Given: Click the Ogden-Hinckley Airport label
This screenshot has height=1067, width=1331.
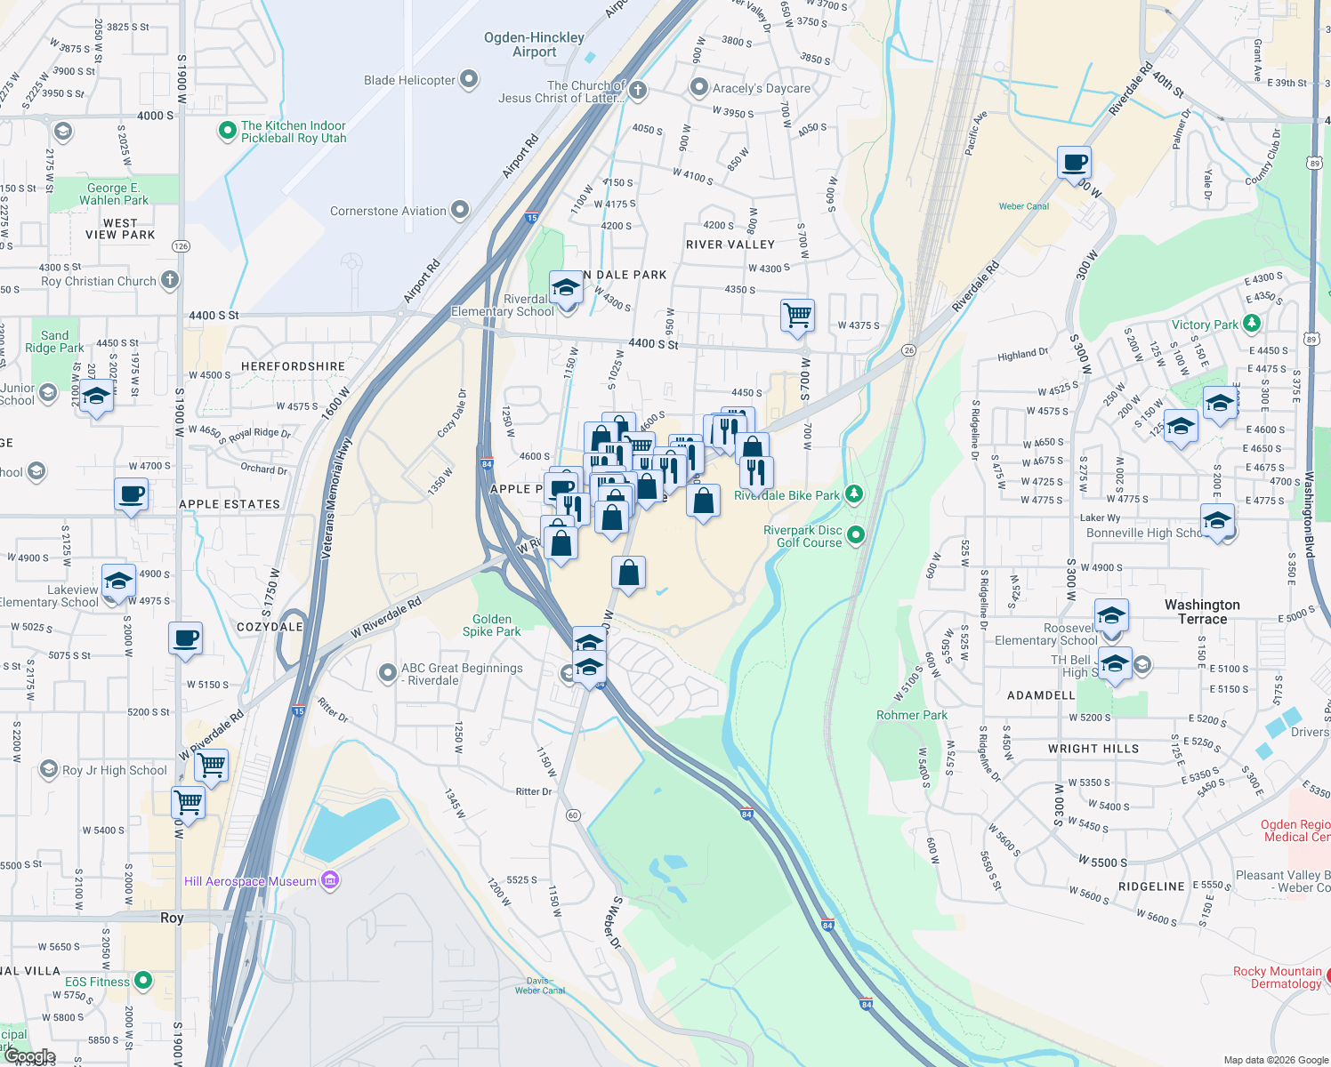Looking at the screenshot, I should tap(534, 44).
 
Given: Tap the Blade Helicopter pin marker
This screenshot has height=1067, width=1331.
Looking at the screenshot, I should tap(469, 80).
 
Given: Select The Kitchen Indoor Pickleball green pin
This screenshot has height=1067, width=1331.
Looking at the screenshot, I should tap(227, 132).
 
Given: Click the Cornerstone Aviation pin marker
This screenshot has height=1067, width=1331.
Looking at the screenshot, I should tap(460, 211).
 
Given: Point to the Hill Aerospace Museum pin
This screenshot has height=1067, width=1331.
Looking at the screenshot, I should tap(330, 881).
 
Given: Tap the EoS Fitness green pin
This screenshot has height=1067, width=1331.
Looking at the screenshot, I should tap(142, 982).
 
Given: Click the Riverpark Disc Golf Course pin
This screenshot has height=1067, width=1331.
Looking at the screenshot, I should tap(856, 535).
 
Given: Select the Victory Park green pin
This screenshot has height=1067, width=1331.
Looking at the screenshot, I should tap(1252, 324).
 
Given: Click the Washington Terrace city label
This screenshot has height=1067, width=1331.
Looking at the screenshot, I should tap(1202, 612).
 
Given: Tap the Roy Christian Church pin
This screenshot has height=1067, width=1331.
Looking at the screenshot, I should tap(170, 281).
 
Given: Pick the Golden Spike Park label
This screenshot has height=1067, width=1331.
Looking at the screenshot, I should tap(492, 625).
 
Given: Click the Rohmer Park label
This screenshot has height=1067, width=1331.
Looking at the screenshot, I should tap(912, 715).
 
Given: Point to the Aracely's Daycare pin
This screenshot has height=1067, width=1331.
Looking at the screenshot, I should tap(699, 88).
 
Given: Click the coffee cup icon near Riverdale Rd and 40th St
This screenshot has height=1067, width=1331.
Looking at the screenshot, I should tap(1074, 164).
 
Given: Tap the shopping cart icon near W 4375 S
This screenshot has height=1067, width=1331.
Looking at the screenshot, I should tap(797, 316).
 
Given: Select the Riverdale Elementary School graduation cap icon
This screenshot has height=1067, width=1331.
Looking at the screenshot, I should tap(566, 288).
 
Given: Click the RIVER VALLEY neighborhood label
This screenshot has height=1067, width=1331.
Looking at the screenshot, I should tap(730, 245).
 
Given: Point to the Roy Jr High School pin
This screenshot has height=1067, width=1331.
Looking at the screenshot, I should tap(49, 770).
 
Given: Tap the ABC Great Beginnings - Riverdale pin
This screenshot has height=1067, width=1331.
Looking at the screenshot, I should tap(387, 674).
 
